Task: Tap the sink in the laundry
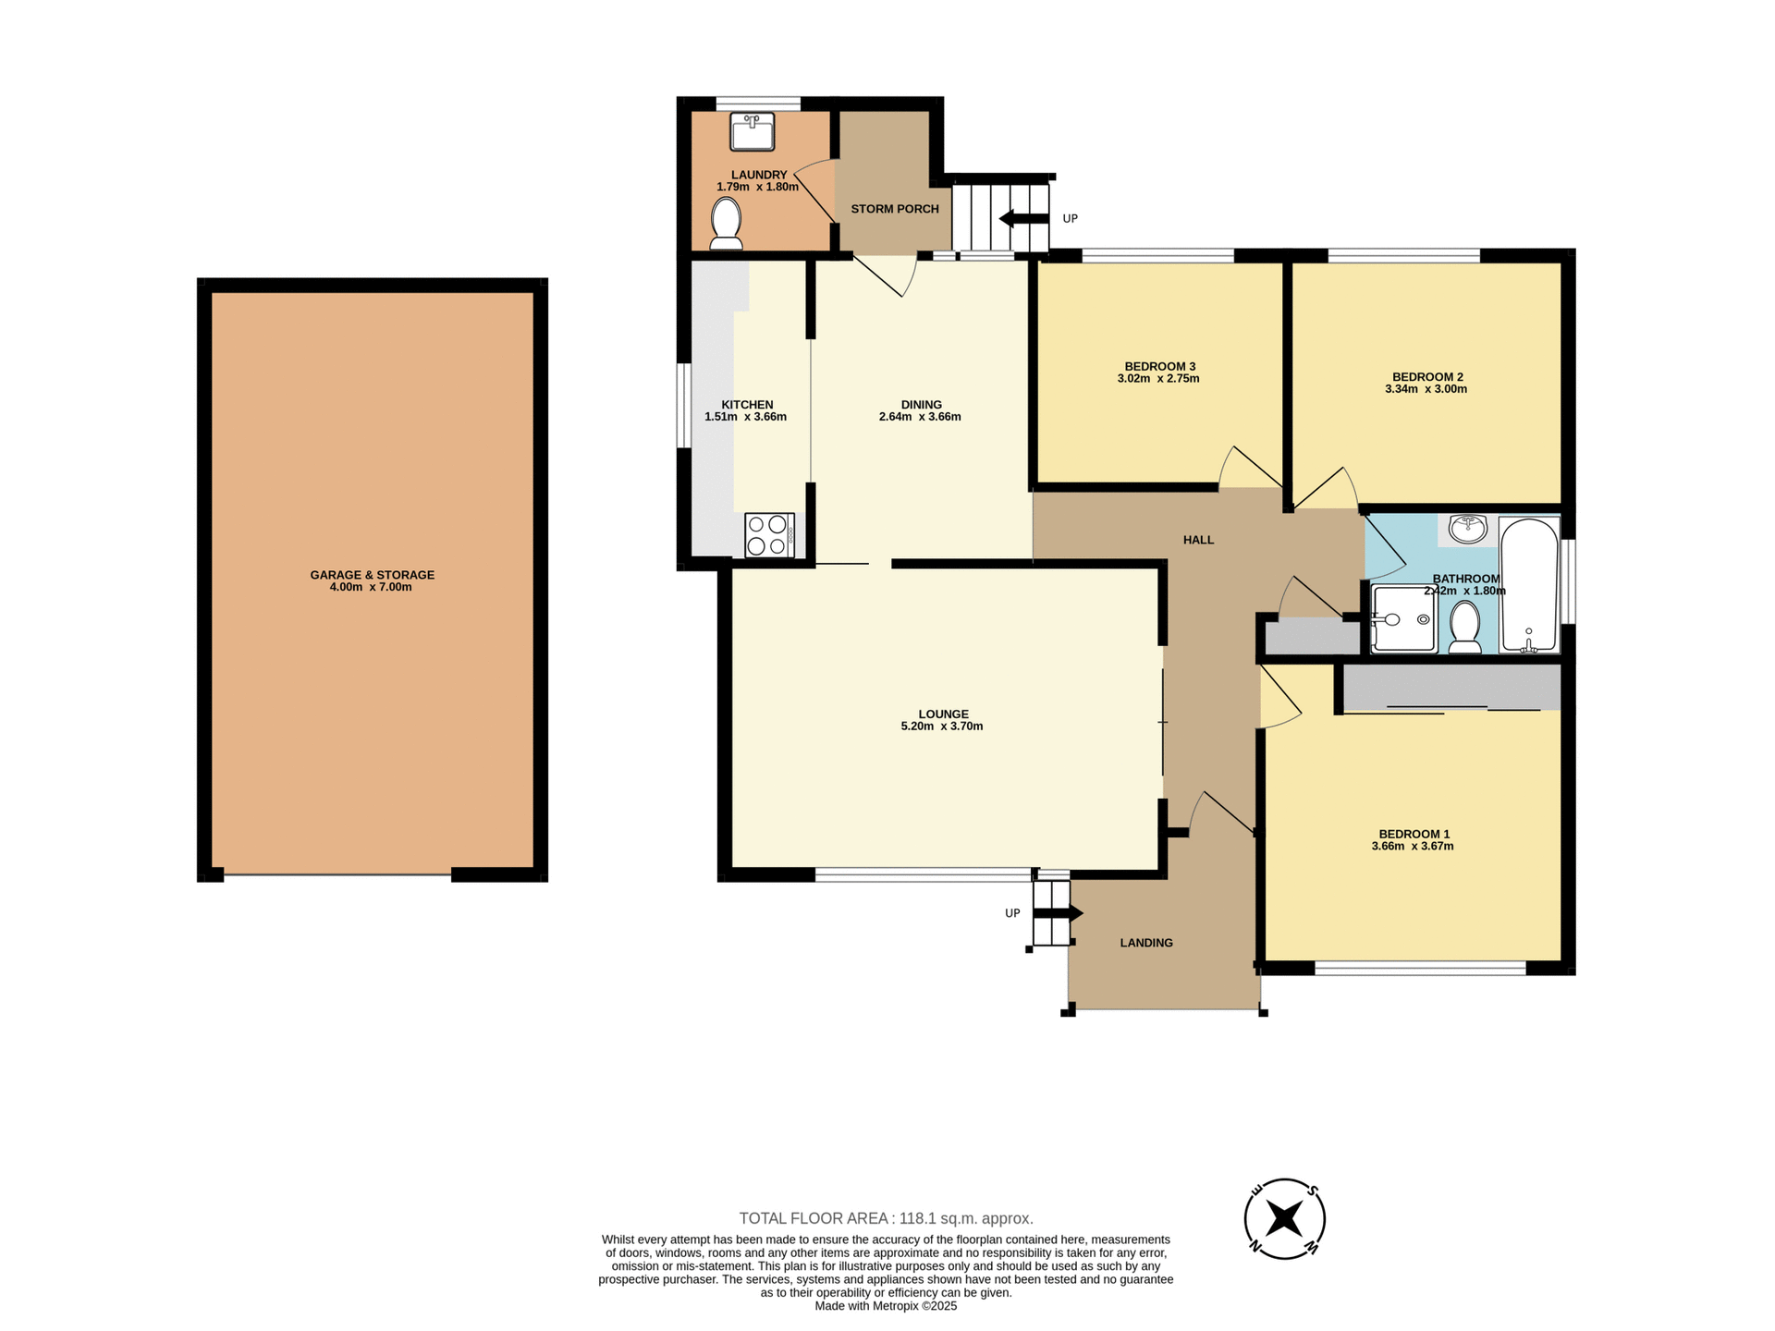coord(752,131)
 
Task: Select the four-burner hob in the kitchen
coord(769,534)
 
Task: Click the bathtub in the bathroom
coord(1529,586)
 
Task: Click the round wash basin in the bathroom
coord(1467,530)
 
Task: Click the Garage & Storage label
coord(372,575)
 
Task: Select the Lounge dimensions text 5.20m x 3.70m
coord(941,727)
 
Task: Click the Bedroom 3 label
coord(1159,366)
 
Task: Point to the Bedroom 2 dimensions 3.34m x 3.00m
coord(1426,389)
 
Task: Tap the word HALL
coord(1198,540)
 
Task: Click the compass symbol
coord(1284,1218)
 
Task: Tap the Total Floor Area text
coord(886,1218)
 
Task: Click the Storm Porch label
coord(894,209)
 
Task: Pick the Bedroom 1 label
coord(1414,834)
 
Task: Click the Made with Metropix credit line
coord(885,1306)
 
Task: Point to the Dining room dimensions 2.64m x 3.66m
coord(920,417)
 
